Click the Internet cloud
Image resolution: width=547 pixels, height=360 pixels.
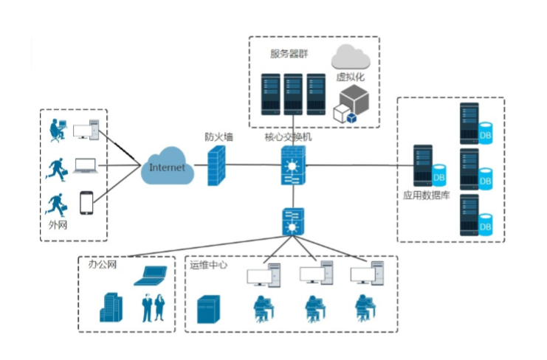click(168, 167)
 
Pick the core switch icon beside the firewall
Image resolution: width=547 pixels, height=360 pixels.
click(292, 166)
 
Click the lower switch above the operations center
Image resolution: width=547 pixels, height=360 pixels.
click(293, 220)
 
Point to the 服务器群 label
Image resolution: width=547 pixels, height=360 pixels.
click(288, 54)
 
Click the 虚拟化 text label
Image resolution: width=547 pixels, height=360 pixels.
click(351, 76)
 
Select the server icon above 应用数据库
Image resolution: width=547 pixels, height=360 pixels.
click(424, 166)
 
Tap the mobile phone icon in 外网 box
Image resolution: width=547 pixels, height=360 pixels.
click(86, 203)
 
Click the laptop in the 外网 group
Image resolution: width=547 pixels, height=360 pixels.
click(86, 167)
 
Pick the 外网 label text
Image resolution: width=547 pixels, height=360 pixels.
click(57, 225)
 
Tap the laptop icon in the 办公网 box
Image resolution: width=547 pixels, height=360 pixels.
click(151, 275)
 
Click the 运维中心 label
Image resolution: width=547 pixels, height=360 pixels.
click(209, 265)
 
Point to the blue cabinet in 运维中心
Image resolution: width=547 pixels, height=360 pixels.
click(209, 309)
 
